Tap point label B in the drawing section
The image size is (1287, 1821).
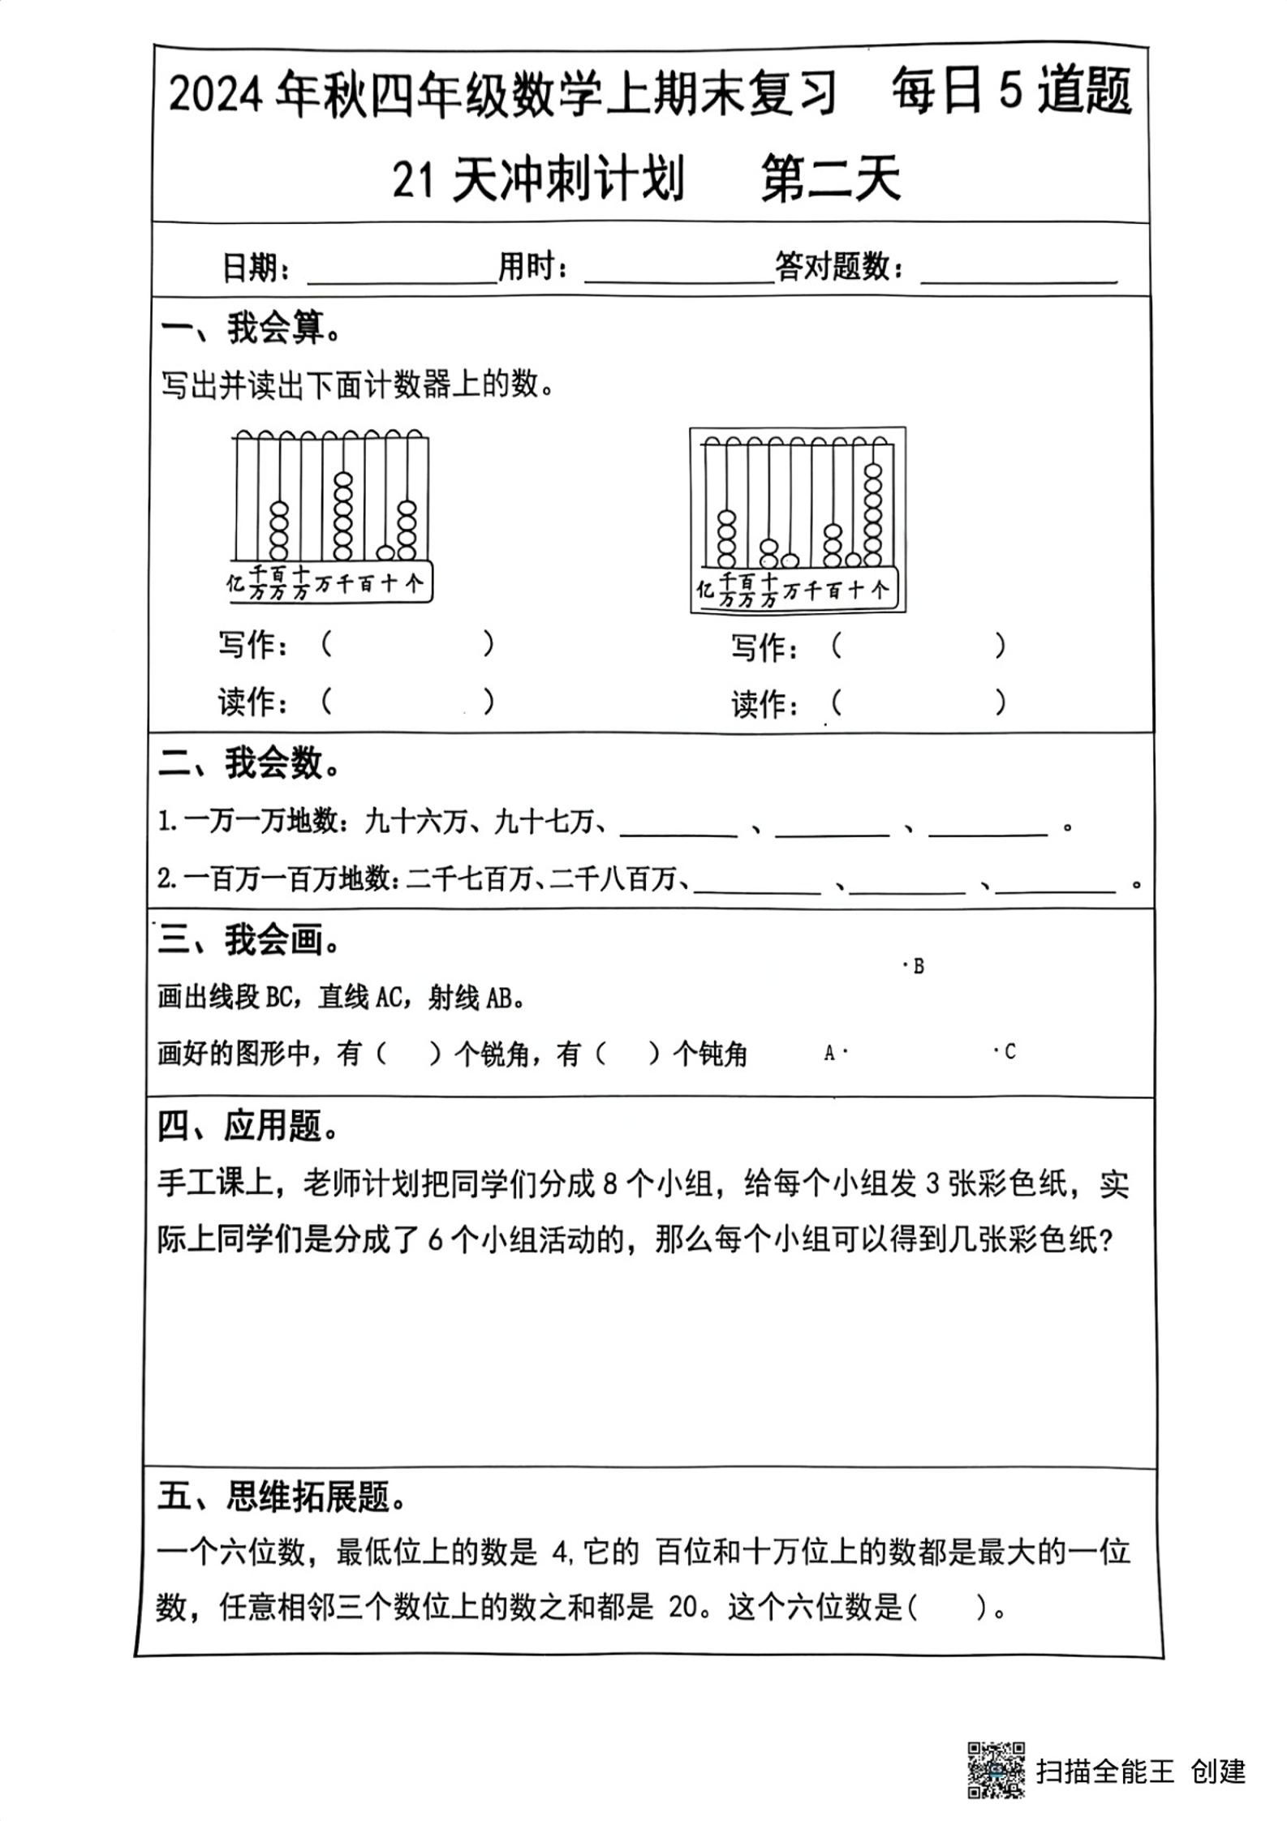tap(918, 966)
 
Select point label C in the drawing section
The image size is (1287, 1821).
tap(1009, 1052)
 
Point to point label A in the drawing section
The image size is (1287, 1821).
tap(829, 1053)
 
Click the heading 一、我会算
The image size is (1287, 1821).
tap(251, 329)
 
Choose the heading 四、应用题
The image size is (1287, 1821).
tap(248, 1127)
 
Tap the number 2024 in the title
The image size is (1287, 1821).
tap(216, 96)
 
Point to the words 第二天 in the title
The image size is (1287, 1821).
tap(830, 179)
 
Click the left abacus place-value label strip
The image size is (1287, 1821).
tap(329, 582)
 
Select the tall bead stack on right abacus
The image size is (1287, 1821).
tap(873, 514)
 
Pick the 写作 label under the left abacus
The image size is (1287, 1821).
tap(252, 646)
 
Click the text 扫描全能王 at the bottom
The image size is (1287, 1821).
tap(1104, 1771)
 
